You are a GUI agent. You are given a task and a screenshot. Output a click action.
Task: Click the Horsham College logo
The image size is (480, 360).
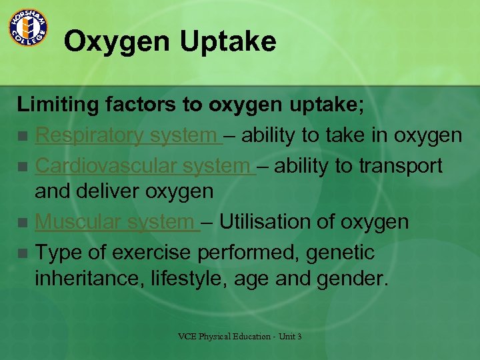(27, 27)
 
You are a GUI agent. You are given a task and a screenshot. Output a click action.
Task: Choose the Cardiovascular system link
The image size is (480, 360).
(143, 165)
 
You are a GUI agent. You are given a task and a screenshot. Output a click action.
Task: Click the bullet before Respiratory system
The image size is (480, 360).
(23, 137)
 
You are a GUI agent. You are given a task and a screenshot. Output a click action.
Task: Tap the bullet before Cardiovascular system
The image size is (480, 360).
(23, 166)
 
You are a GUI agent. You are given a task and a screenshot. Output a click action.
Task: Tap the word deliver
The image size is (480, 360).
(104, 192)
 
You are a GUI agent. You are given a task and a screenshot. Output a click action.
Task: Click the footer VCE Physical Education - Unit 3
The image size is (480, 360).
(240, 337)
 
